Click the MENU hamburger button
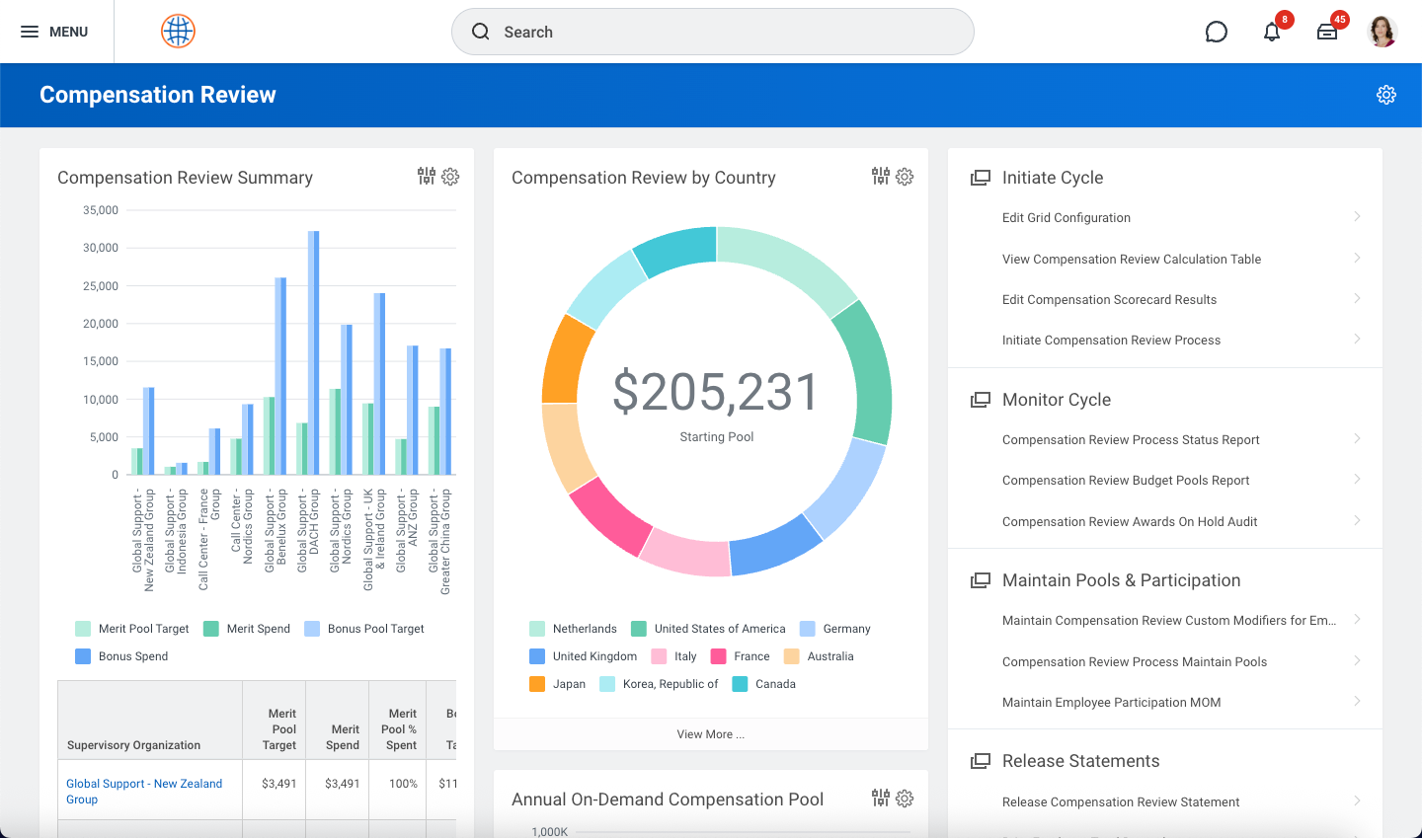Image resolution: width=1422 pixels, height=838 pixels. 54,32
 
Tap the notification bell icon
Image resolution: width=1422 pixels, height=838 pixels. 1272,32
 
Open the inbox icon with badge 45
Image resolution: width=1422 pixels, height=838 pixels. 1327,32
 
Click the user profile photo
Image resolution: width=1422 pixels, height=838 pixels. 1382,32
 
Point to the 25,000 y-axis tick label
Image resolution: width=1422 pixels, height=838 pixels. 101,286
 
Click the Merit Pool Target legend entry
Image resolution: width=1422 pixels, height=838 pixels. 132,629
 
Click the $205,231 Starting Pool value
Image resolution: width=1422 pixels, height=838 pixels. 716,393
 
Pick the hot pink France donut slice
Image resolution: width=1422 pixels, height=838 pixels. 610,515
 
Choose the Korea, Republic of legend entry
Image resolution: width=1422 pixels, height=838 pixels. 659,684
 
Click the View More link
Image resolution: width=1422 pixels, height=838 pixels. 710,734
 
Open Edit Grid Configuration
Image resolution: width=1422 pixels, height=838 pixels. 1066,218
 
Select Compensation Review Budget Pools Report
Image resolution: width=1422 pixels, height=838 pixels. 1126,481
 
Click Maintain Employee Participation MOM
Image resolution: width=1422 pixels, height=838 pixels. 1111,703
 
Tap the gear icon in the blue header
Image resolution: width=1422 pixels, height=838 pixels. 1386,95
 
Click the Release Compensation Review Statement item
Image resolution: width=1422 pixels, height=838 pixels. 1121,802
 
